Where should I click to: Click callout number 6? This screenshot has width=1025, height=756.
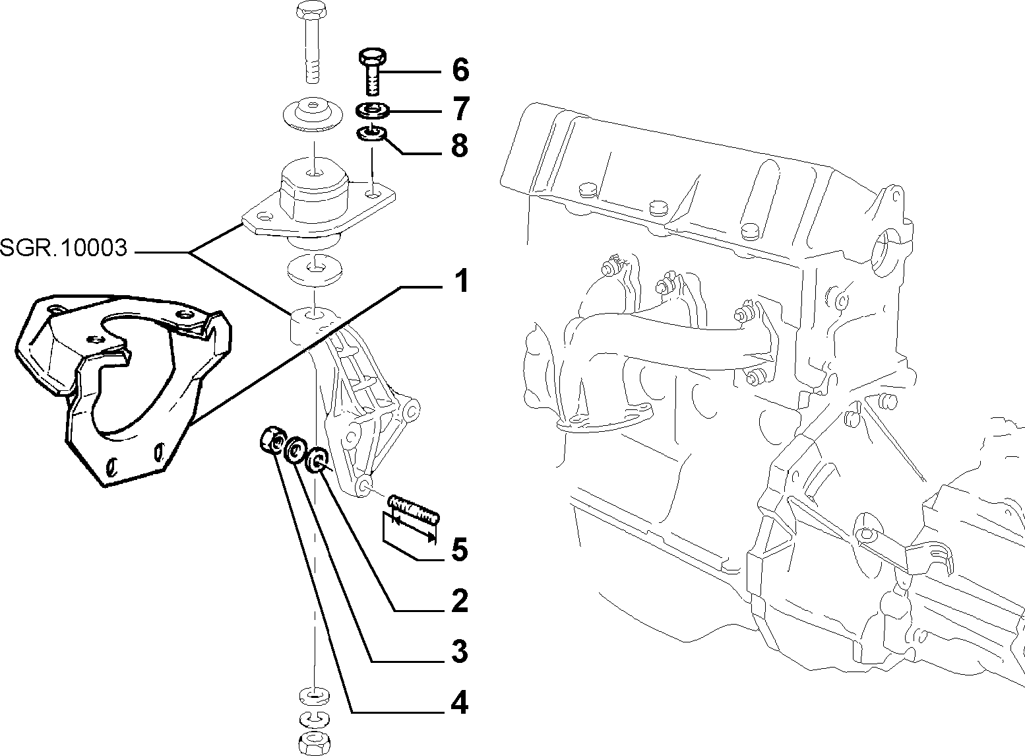pos(460,70)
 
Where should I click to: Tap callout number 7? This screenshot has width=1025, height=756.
pos(460,108)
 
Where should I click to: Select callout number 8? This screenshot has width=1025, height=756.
pos(460,146)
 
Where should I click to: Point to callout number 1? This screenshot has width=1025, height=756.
pos(461,281)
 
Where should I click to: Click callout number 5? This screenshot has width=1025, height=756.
pos(460,550)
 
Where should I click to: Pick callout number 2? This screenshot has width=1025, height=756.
pos(460,601)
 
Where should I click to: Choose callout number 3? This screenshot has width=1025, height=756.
pos(460,651)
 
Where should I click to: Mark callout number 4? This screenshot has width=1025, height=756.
pos(460,703)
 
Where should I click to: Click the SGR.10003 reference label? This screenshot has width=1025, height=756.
pos(63,248)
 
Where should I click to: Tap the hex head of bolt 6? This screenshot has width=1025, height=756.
pos(371,57)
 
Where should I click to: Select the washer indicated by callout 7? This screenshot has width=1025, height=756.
pos(373,111)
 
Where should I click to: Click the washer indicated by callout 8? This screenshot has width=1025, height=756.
pos(371,134)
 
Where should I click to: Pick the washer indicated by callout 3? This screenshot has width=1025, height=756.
pos(294,450)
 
